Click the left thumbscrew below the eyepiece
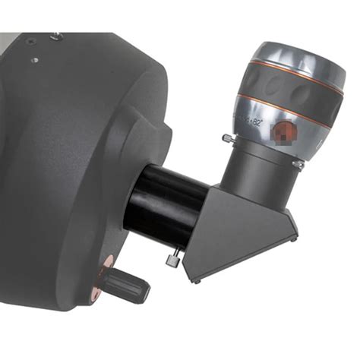pyautogui.click(x=227, y=138)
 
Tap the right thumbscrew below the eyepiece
pyautogui.click(x=298, y=163)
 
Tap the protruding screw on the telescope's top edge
pyautogui.click(x=55, y=36)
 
